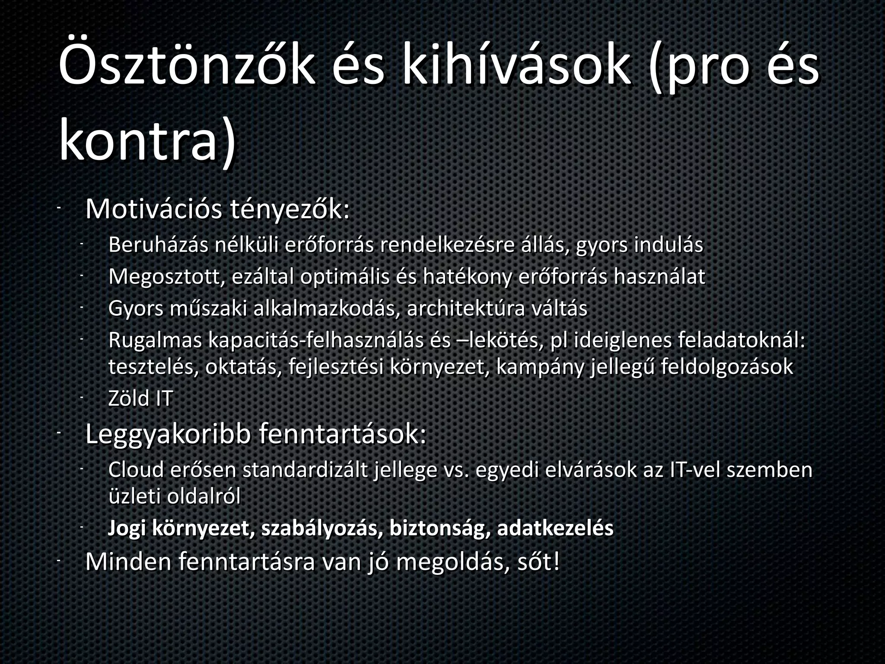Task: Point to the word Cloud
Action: click(136, 470)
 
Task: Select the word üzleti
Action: click(134, 497)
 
